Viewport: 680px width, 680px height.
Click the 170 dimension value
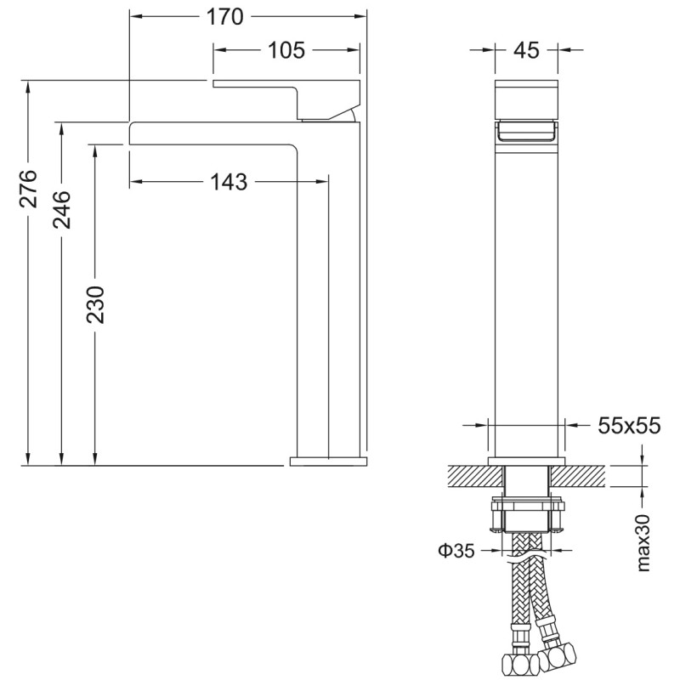tap(224, 17)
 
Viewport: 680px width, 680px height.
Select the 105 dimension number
tap(286, 50)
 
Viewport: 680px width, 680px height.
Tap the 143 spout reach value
tap(229, 182)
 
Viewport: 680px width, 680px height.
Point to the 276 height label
tap(28, 189)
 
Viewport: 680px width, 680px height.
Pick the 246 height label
tap(61, 210)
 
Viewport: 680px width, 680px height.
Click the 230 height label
tap(95, 305)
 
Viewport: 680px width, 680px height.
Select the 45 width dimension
tap(526, 50)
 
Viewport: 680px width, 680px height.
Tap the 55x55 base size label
tap(629, 426)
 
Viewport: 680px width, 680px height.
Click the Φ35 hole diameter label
tap(456, 551)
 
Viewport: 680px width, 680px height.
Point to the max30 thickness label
tap(643, 542)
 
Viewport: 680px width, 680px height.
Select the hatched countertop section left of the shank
tap(475, 476)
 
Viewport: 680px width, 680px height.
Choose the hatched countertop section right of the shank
tap(578, 476)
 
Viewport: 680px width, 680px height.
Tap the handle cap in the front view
tap(526, 99)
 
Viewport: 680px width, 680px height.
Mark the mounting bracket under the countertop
tap(526, 517)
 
